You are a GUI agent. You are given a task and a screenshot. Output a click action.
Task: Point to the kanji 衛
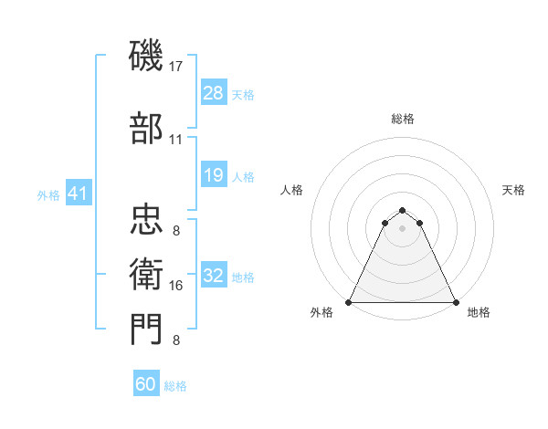point(148,272)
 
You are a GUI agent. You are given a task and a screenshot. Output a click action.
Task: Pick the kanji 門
point(148,328)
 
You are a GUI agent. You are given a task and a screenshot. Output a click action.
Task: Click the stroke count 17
point(176,66)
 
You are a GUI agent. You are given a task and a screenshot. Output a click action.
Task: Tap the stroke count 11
point(176,139)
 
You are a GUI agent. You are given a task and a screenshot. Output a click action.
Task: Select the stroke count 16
point(176,286)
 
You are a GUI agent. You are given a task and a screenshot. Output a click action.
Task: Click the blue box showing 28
point(213,94)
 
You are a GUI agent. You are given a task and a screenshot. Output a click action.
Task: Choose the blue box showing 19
point(213,175)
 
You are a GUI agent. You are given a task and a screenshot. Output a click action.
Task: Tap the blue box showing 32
point(213,276)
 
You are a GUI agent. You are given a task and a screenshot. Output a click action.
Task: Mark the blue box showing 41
point(78,194)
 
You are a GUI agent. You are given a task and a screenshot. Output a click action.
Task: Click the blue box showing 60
point(146,384)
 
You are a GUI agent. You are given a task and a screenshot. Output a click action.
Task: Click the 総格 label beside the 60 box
point(175,386)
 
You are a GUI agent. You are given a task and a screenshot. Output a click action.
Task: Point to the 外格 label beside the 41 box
point(48,195)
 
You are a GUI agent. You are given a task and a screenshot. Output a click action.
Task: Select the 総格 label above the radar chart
point(403,119)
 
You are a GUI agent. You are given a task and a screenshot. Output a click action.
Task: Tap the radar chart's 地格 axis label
point(479,312)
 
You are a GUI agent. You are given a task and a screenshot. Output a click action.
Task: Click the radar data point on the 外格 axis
point(349,302)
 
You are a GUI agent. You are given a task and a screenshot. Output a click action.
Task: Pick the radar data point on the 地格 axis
point(456,302)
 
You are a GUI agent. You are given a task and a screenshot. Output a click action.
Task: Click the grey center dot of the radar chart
point(403,227)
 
